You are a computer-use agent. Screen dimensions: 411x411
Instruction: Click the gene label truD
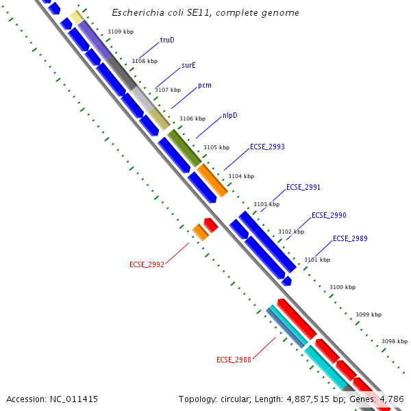coord(167,40)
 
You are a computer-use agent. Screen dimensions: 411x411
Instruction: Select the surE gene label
coord(189,66)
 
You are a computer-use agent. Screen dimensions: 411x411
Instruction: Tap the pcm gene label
coord(205,86)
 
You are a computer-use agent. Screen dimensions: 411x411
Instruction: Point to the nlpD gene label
coord(230,115)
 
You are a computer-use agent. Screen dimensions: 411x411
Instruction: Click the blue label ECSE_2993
coord(267,147)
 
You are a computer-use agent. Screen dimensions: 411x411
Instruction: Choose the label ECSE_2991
coord(303,187)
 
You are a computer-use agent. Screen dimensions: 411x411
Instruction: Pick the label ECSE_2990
coord(329,215)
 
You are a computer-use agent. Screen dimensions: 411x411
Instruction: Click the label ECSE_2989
coord(350,238)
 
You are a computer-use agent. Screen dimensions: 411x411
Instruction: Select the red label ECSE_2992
coord(147,264)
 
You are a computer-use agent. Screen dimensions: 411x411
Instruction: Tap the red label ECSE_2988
coord(234,360)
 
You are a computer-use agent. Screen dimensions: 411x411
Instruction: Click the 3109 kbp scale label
coord(121,32)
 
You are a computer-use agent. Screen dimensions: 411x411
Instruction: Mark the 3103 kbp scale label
coord(266,204)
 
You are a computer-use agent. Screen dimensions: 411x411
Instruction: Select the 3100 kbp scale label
coord(342,287)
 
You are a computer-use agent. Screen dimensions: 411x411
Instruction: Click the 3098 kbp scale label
coord(395,341)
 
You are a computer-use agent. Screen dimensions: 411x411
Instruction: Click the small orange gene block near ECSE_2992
coord(200,232)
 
